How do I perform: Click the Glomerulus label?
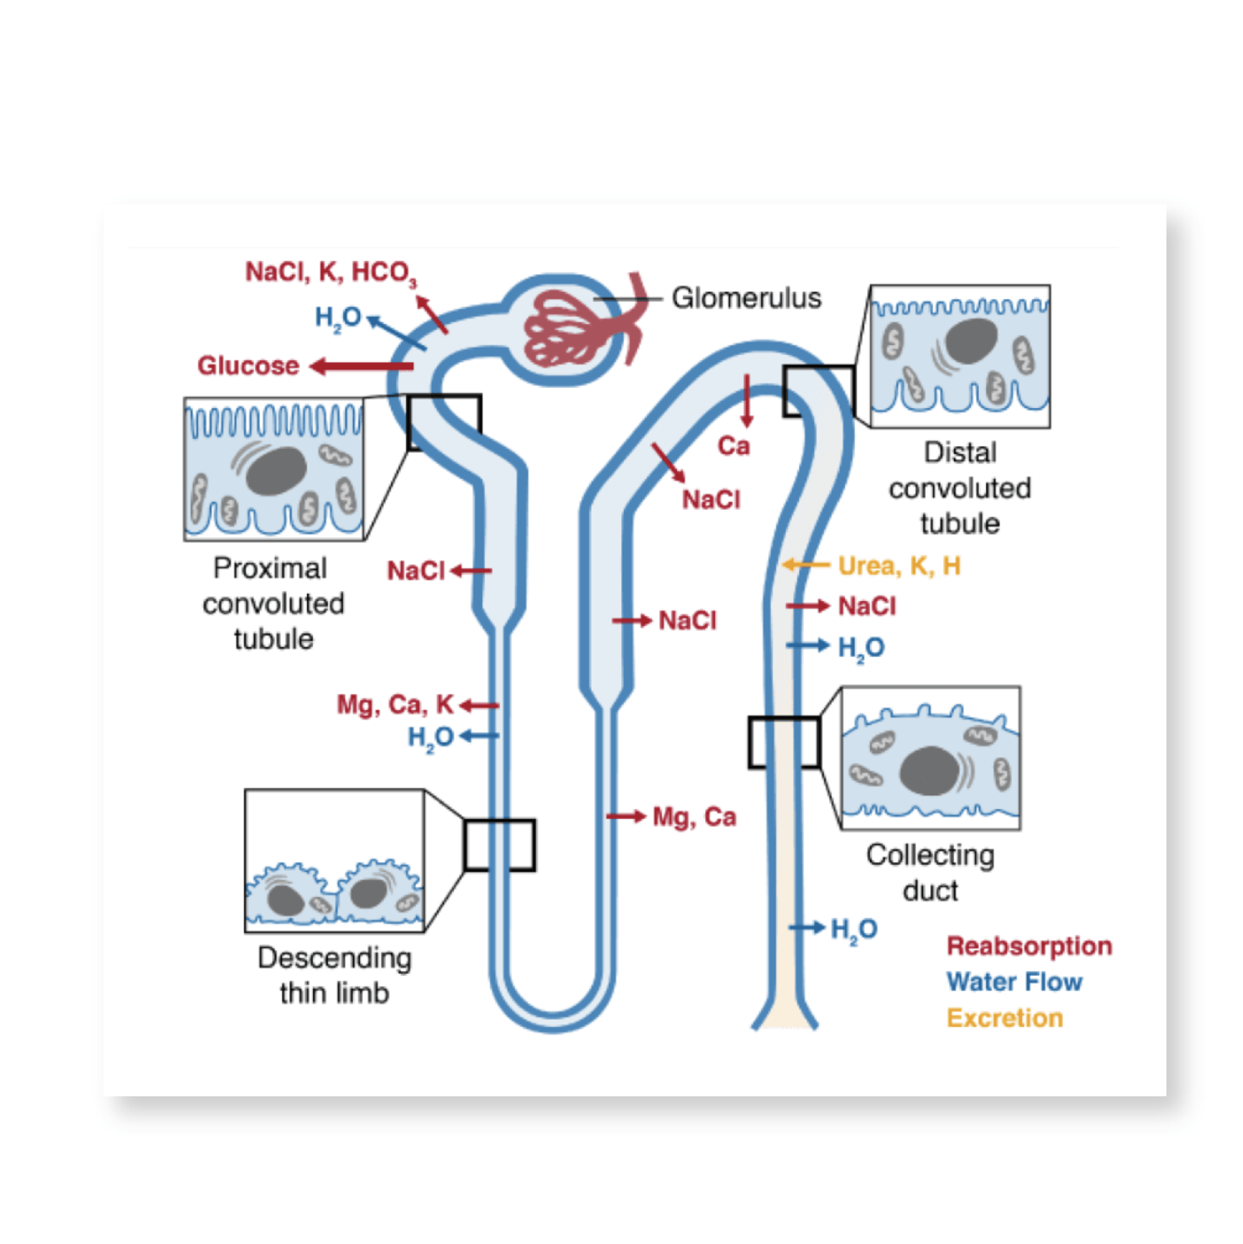coord(746,299)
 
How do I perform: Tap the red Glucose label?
coord(248,366)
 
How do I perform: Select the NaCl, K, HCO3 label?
coord(330,273)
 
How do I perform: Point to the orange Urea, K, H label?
coord(899,566)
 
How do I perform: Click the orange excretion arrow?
coord(805,565)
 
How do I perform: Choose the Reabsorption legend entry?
coord(1029,946)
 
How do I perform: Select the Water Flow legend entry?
coord(1014,982)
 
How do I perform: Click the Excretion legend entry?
coord(1004,1018)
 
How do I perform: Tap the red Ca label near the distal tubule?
coord(733,446)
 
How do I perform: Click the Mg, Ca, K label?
coord(395,705)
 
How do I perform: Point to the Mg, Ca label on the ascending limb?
coord(694,817)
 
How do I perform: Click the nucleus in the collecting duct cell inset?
coord(928,771)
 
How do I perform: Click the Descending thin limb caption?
coord(334,975)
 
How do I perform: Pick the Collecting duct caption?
coord(930,873)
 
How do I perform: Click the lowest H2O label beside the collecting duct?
coord(853,929)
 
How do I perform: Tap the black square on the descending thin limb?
coord(499,845)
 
